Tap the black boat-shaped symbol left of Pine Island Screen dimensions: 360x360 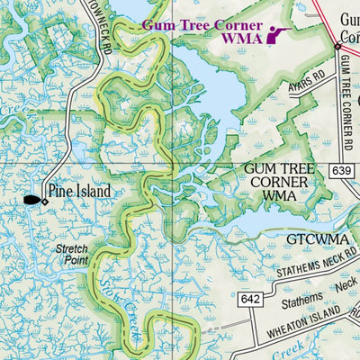pos(31,200)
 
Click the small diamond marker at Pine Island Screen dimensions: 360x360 pos(45,201)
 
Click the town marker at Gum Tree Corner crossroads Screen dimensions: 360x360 pos(337,44)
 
